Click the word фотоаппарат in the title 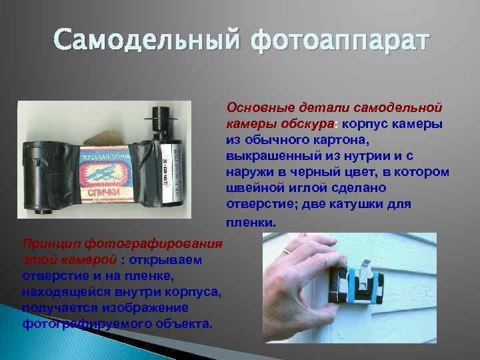340,42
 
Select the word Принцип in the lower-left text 51,242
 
